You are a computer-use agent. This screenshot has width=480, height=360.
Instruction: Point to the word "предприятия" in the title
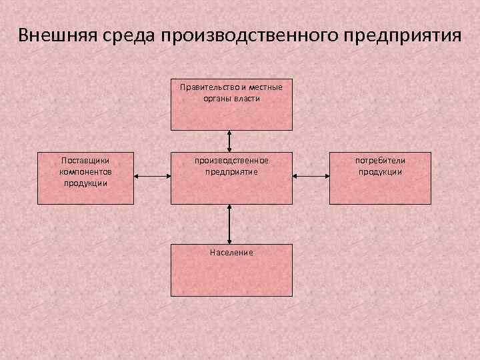(402, 35)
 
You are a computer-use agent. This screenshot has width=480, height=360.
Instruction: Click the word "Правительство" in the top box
(206, 87)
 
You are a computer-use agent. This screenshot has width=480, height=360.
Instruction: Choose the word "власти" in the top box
(247, 98)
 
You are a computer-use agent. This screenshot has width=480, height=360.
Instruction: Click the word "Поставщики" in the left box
(85, 161)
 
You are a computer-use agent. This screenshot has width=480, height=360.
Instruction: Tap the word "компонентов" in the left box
(85, 171)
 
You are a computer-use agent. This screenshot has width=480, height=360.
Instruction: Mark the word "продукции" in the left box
(85, 182)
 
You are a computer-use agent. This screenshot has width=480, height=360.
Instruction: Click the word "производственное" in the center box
(231, 161)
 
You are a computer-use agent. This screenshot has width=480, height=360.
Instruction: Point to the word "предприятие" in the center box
(231, 171)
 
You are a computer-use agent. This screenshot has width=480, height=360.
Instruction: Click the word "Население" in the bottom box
(231, 253)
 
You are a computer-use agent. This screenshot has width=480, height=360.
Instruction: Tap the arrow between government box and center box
(230, 141)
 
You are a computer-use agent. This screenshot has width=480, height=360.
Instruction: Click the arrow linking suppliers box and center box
(153, 177)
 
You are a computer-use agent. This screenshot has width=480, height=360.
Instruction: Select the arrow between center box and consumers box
(311, 177)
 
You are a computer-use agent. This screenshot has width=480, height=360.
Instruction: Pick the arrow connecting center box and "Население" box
(230, 223)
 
